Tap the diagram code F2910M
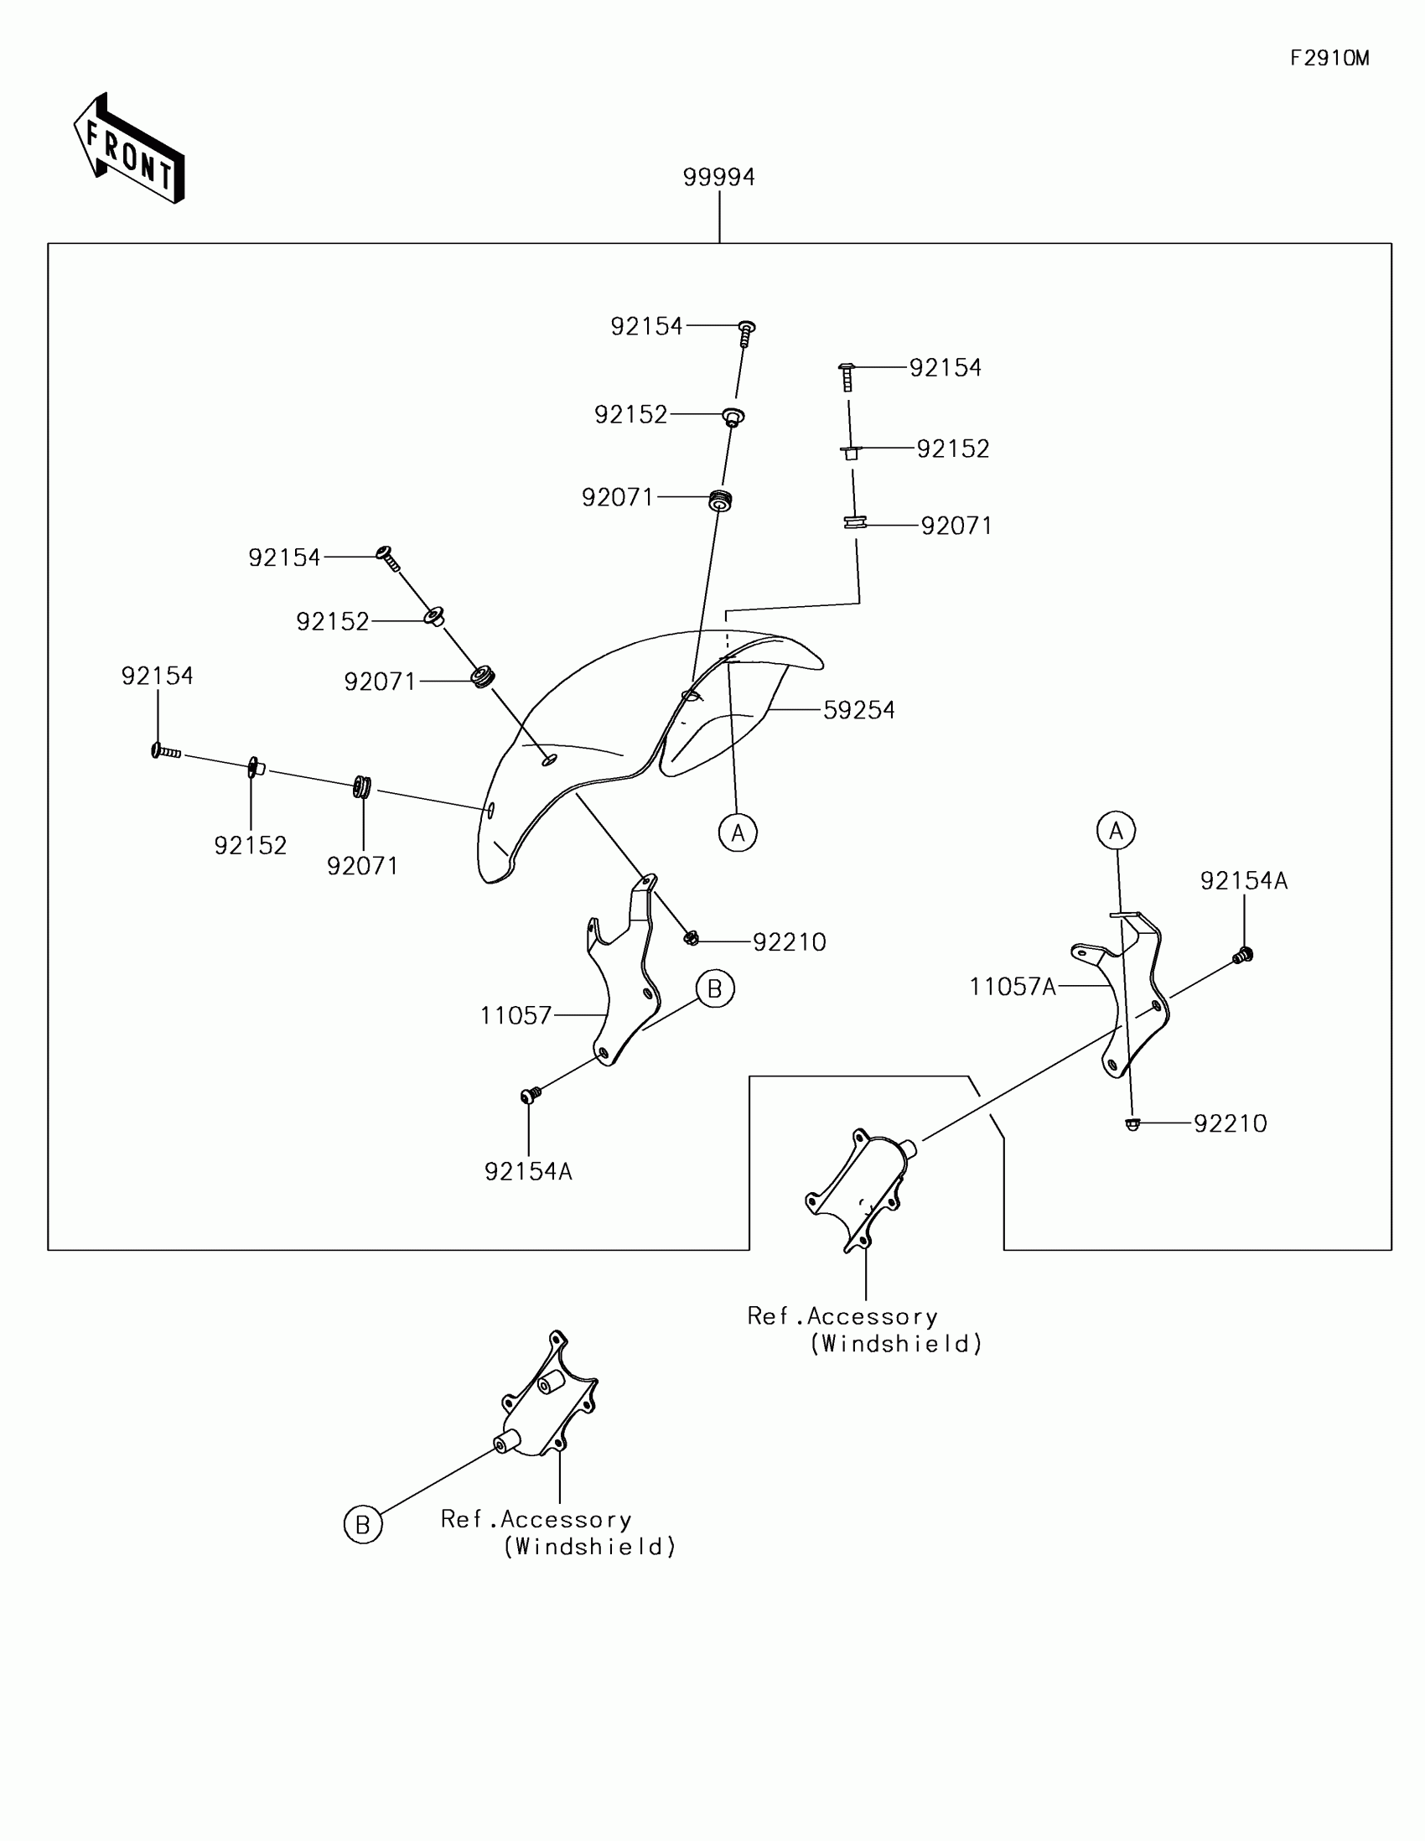pos(1329,58)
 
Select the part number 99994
pos(718,178)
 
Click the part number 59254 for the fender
pos(858,711)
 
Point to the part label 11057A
pos(1012,987)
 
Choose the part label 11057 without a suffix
pos(516,1016)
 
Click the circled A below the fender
pos(738,832)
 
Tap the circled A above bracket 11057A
pos(1116,831)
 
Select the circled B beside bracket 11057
pos(715,988)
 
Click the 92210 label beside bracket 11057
pos(789,942)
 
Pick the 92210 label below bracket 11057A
pos(1230,1123)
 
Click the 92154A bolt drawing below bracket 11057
pos(530,1095)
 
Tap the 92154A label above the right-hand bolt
pos(1244,881)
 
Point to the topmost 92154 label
pos(646,327)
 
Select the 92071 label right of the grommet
pos(956,526)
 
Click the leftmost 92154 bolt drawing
pos(166,751)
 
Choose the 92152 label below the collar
pos(251,846)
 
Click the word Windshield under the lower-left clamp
pos(590,1547)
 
